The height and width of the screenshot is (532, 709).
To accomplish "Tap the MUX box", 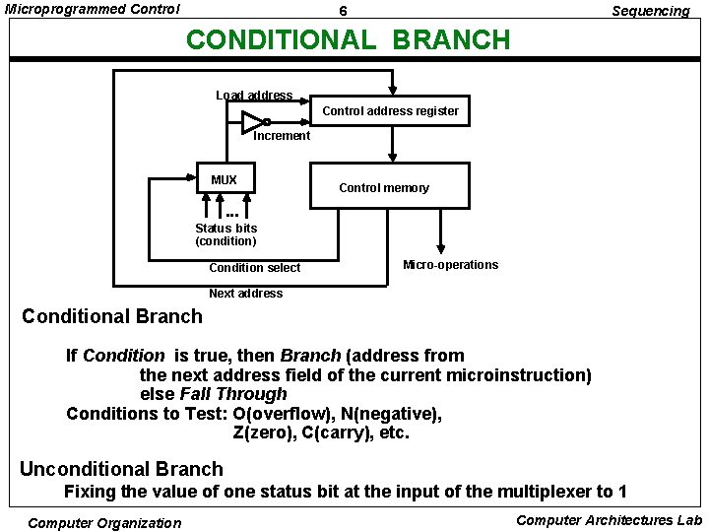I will pos(224,178).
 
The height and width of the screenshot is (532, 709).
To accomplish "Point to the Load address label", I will pos(254,96).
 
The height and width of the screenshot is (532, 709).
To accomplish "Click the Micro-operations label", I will pos(451,265).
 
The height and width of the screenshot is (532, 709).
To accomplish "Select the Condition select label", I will pos(255,268).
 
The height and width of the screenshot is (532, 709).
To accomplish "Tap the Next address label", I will pos(245,294).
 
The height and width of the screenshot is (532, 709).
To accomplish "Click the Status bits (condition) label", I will pos(226,234).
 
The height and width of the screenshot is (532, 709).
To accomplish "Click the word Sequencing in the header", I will pos(650,11).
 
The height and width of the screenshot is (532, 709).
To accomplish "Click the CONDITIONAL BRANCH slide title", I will pos(349,40).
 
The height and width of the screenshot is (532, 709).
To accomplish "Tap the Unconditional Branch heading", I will pos(121,469).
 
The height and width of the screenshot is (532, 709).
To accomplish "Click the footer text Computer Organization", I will pos(104,523).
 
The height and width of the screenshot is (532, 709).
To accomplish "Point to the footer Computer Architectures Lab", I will pos(609,520).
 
